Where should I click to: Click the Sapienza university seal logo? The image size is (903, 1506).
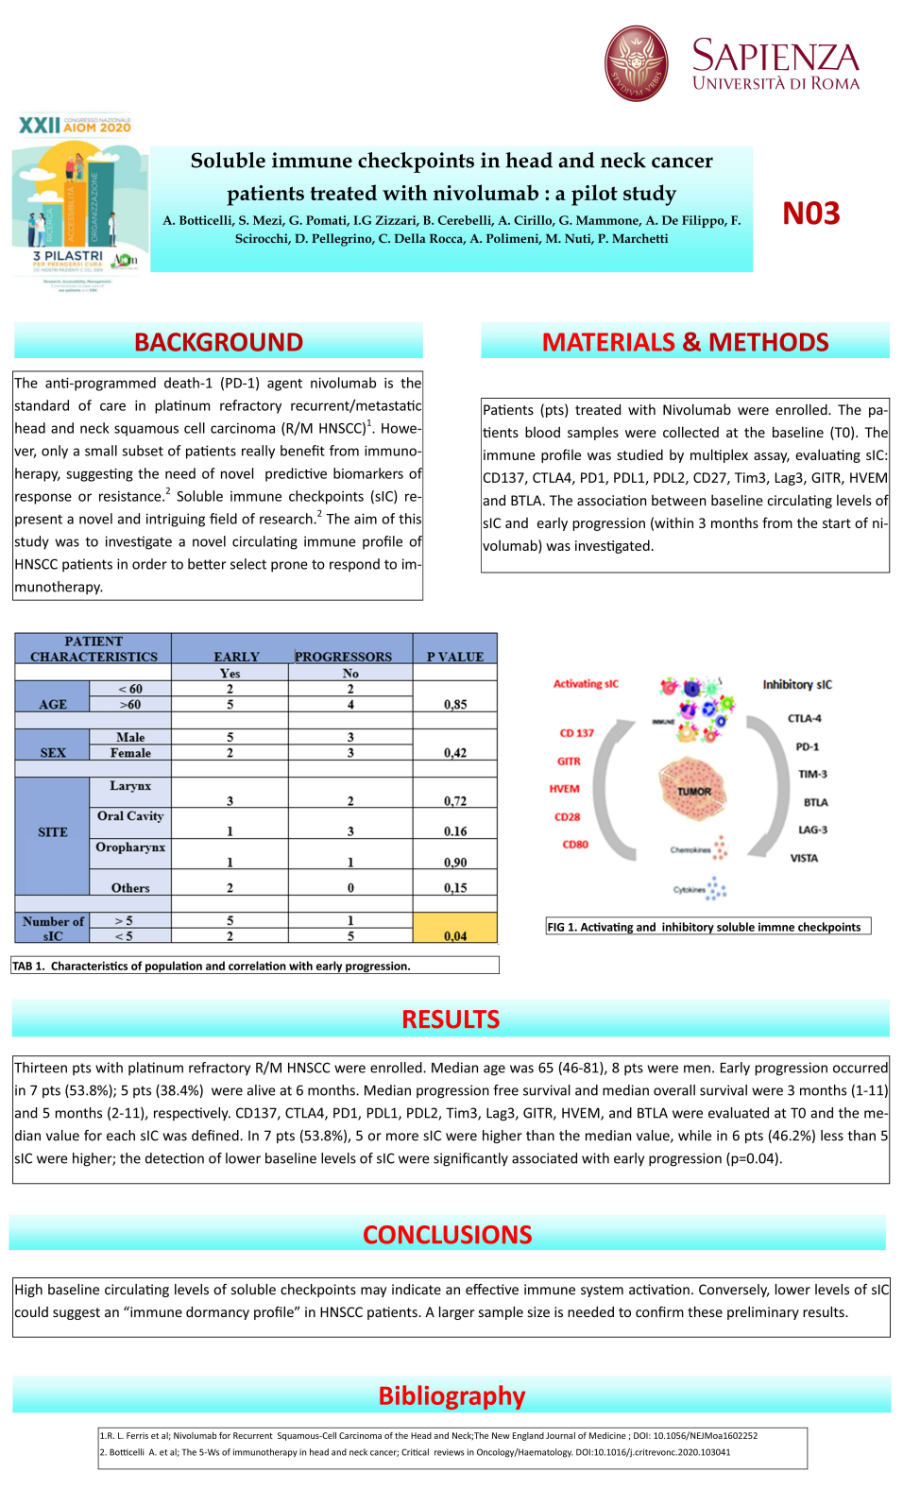(x=636, y=63)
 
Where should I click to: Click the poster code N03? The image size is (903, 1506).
(x=810, y=214)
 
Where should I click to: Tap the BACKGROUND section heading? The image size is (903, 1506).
(x=218, y=342)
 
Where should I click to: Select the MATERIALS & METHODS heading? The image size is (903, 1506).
(x=685, y=342)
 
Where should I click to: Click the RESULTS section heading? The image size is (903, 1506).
(x=451, y=1019)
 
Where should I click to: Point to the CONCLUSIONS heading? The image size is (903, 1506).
(x=447, y=1235)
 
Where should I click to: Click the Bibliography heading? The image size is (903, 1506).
(x=451, y=1395)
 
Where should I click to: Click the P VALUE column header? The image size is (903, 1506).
(x=454, y=657)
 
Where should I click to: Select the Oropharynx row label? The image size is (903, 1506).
(x=130, y=847)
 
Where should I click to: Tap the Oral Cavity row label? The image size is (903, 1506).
(x=130, y=816)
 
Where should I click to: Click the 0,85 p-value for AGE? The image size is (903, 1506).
(x=455, y=705)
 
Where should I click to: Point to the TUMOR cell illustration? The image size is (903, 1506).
(x=694, y=791)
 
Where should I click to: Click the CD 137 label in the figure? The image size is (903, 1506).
(x=576, y=733)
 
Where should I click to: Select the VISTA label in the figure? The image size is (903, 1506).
(x=804, y=859)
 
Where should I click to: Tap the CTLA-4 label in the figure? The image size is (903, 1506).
(x=804, y=719)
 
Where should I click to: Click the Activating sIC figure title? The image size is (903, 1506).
(x=586, y=684)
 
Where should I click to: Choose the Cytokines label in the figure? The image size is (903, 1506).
(x=690, y=889)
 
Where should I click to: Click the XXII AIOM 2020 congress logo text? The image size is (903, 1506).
(x=75, y=126)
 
